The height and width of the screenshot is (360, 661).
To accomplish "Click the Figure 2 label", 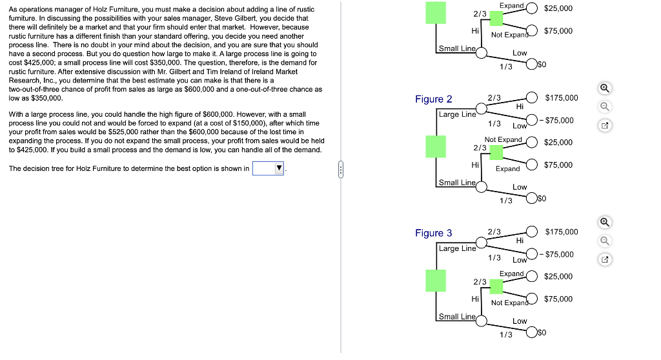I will click(433, 99).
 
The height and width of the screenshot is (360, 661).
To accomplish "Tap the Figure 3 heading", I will click(433, 233).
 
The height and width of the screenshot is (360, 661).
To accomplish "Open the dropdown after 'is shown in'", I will click(269, 169).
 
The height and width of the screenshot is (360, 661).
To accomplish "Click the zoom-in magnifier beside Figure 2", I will click(604, 89).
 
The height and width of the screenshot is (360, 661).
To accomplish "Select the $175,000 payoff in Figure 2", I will click(562, 98).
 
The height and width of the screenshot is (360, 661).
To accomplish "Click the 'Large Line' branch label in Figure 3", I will click(457, 248).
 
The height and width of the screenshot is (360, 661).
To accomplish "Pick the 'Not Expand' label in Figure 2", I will click(503, 139).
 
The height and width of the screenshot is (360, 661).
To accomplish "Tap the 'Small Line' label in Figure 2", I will click(457, 183).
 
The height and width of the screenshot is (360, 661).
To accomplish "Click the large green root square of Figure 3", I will click(436, 281).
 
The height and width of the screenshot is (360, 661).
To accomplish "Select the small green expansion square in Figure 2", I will click(496, 152).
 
